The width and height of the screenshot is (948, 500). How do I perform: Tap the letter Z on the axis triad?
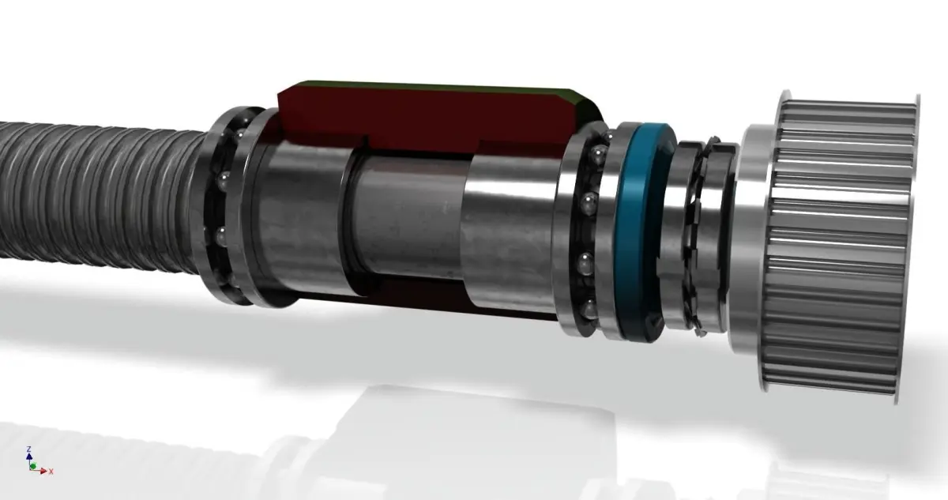[x=28, y=449]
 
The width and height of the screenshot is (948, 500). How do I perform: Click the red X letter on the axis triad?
[x=51, y=472]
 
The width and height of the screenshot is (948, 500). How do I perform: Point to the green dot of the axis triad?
[x=33, y=466]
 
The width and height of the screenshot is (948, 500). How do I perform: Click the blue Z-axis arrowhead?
[x=29, y=457]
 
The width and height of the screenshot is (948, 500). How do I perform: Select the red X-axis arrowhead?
[x=44, y=470]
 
